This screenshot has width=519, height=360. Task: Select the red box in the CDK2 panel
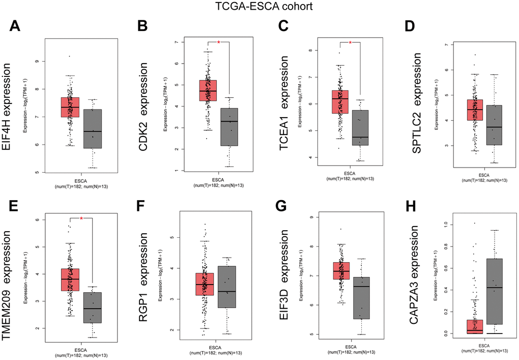point(208,91)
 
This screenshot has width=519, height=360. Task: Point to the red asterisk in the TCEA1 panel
point(351,43)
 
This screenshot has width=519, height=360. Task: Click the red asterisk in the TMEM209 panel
point(81,219)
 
